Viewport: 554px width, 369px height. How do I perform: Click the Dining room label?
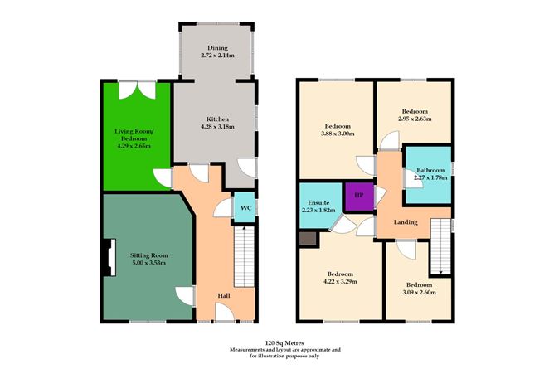coord(217,47)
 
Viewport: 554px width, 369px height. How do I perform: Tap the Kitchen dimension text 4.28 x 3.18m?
coord(217,127)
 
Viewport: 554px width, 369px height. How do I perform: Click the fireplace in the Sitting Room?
coord(107,256)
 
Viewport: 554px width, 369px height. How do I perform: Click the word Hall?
coord(224,295)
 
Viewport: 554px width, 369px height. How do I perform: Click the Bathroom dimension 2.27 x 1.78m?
coord(430,176)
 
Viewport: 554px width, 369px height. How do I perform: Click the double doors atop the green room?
coord(135,87)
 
